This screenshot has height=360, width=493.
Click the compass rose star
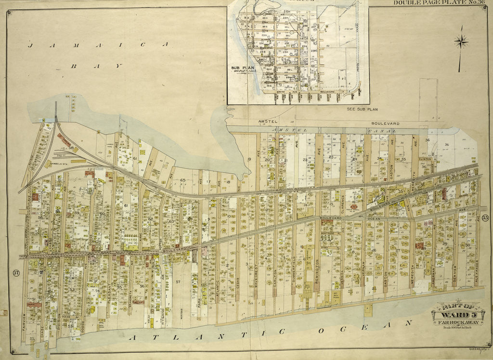(461, 42)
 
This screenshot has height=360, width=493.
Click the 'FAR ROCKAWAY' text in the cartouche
(459, 322)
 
